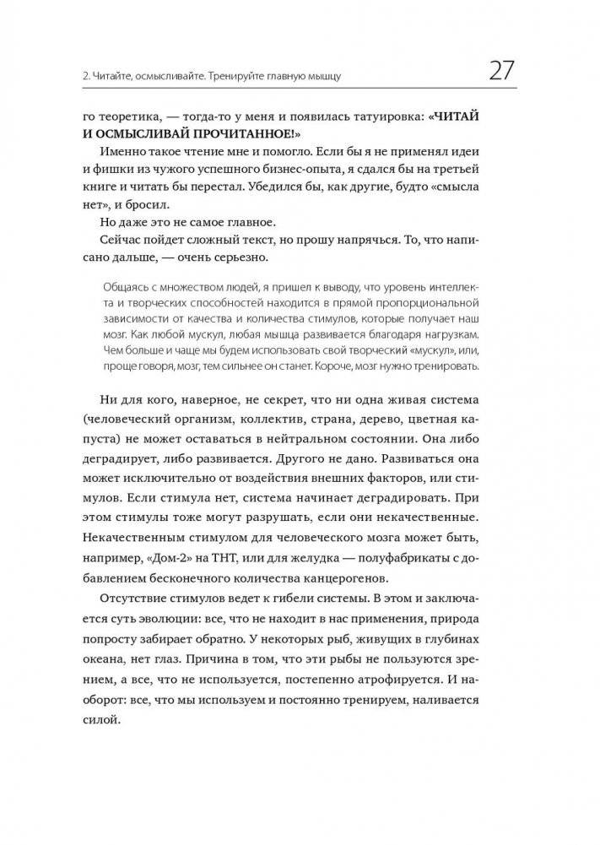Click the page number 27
click(x=496, y=69)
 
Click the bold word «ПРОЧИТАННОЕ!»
click(x=252, y=138)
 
